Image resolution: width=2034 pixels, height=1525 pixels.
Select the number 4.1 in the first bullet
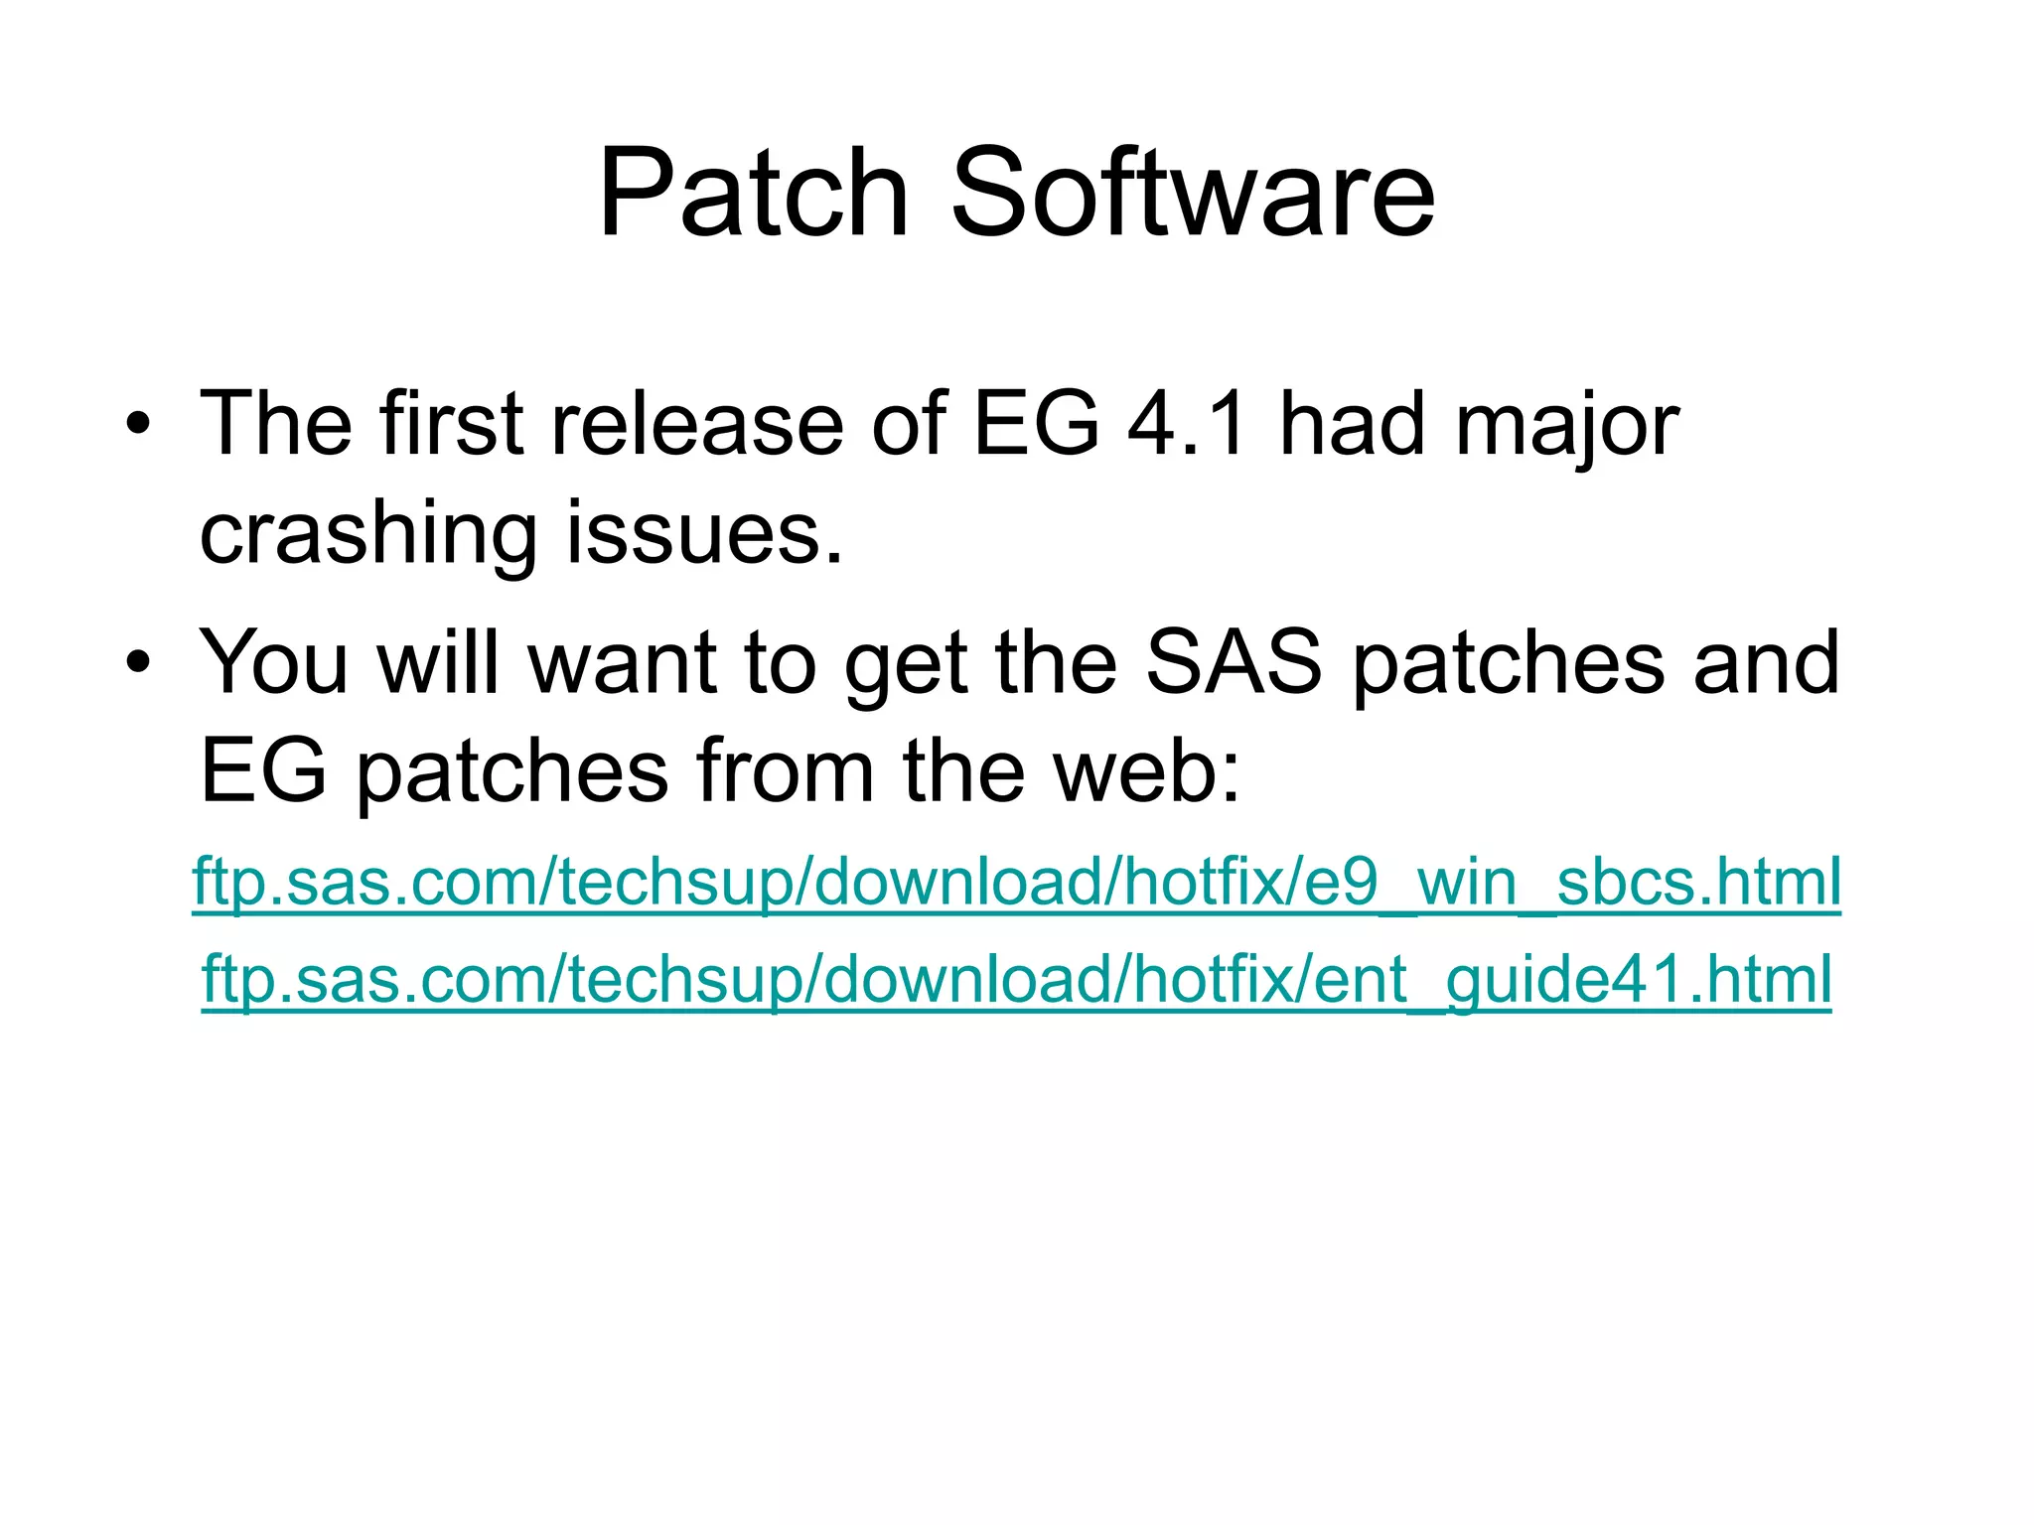tap(1187, 424)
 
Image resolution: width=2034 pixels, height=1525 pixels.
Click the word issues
tap(704, 533)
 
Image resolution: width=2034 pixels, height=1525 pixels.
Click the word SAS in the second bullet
tap(1233, 662)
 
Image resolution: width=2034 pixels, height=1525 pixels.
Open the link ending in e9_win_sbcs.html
tap(1016, 882)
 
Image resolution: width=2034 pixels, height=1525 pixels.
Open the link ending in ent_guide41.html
tap(1016, 980)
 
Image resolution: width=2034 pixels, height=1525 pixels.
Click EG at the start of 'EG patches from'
tap(263, 771)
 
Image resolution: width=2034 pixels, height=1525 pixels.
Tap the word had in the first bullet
tap(1352, 424)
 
